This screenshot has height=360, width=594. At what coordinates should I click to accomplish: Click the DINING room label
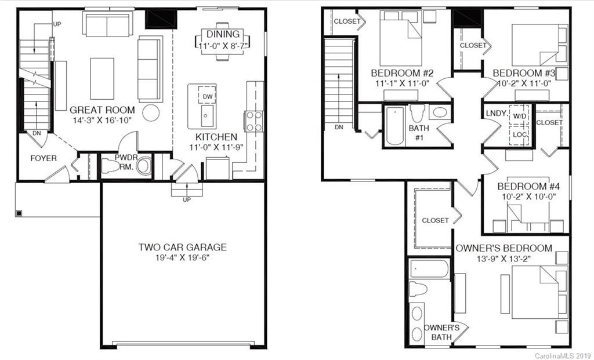[x=223, y=35]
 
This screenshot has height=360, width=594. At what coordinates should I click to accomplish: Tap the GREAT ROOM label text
[x=102, y=110]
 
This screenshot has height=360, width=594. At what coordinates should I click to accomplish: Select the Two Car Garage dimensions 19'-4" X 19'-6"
[x=182, y=257]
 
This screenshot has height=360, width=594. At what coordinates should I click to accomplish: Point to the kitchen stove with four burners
[x=254, y=121]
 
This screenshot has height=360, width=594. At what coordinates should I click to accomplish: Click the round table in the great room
[x=151, y=112]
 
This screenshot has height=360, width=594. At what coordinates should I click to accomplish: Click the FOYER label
[x=44, y=158]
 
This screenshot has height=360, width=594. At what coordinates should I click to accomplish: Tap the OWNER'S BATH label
[x=445, y=332]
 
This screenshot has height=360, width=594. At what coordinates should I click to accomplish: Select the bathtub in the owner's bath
[x=429, y=269]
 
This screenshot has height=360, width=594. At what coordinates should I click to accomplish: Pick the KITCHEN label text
[x=216, y=137]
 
